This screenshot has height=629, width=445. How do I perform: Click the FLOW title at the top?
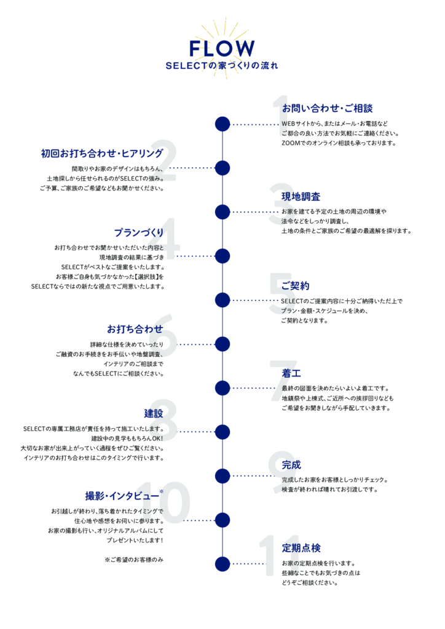coord(222,49)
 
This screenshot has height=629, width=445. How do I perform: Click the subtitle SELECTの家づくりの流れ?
coord(222,65)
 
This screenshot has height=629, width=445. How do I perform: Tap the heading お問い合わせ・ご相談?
coord(328,108)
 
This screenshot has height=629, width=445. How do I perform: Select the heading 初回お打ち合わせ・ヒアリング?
coord(102,153)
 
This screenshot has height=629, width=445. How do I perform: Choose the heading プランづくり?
coord(139,233)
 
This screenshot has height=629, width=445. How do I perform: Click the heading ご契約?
coord(295,286)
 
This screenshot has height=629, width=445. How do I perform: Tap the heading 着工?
coord(291,373)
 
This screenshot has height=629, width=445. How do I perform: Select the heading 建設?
coord(154,413)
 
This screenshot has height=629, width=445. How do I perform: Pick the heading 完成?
coord(291,465)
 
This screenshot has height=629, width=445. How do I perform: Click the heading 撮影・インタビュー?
coord(122,496)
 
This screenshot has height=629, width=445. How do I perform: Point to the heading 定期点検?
coord(301,548)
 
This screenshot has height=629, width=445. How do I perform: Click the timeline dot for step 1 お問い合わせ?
coord(222,124)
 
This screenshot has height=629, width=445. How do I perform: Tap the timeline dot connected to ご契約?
coord(222,300)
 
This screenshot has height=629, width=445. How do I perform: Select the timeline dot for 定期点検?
coord(222,564)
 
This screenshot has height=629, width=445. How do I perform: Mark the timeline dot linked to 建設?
coord(222,432)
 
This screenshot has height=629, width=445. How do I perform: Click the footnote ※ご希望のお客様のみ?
coord(134,560)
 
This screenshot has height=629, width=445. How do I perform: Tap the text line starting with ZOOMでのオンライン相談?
coord(339,143)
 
